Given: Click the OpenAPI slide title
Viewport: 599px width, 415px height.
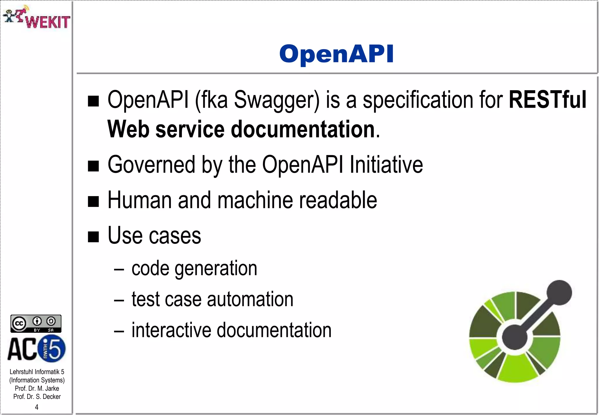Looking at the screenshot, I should pyautogui.click(x=336, y=54).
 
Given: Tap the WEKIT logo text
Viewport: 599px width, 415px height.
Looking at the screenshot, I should pyautogui.click(x=48, y=22).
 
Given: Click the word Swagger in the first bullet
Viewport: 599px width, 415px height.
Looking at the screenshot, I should pyautogui.click(x=276, y=100).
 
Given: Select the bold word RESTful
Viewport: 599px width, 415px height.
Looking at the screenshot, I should pyautogui.click(x=547, y=100).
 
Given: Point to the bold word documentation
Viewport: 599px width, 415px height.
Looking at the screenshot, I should pyautogui.click(x=303, y=129).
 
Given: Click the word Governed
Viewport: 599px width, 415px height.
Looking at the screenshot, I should pyautogui.click(x=151, y=165).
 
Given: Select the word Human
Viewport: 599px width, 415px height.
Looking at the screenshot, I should pyautogui.click(x=140, y=200).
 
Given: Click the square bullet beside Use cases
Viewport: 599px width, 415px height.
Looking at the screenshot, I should pyautogui.click(x=94, y=236).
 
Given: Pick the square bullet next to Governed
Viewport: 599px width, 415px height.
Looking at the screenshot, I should pyautogui.click(x=94, y=166).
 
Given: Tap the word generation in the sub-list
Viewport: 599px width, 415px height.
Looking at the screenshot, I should pyautogui.click(x=216, y=269).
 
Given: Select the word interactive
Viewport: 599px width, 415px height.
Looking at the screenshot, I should pyautogui.click(x=171, y=330).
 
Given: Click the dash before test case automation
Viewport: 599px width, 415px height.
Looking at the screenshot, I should pyautogui.click(x=119, y=301).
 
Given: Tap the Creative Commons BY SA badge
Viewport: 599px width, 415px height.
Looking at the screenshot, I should pyautogui.click(x=36, y=323).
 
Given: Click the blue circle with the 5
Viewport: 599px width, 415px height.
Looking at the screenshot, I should pyautogui.click(x=53, y=348).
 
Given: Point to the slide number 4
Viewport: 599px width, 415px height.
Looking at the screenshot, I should pyautogui.click(x=37, y=407).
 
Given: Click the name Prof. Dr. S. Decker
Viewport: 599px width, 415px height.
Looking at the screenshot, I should pyautogui.click(x=37, y=397).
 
